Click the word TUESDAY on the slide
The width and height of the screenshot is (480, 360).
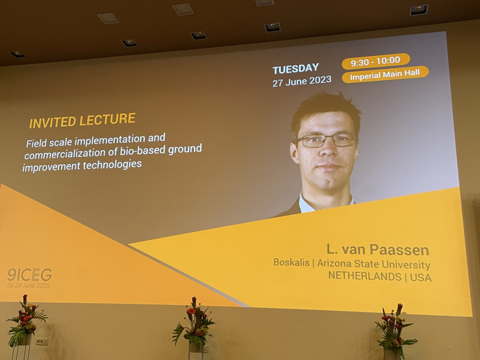[296, 69]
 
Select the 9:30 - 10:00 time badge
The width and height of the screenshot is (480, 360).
[376, 61]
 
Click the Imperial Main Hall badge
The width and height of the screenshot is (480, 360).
[385, 74]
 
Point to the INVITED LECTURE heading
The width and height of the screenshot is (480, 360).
[82, 120]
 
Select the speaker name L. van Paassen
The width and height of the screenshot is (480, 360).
[378, 249]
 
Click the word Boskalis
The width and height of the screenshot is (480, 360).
[291, 263]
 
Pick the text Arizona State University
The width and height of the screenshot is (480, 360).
[373, 264]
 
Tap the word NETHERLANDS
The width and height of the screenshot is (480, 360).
[364, 276]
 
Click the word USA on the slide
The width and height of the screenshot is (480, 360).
[421, 277]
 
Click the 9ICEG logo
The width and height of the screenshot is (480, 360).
[29, 275]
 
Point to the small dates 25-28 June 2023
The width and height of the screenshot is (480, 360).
[28, 285]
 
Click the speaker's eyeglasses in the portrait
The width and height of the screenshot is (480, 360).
[326, 140]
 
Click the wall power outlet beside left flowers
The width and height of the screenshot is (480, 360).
[42, 342]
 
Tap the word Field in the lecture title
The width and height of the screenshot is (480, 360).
[36, 143]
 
